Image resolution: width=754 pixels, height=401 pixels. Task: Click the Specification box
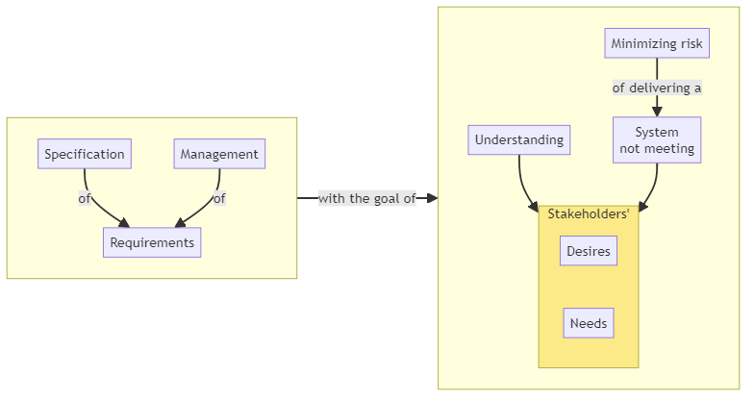click(85, 154)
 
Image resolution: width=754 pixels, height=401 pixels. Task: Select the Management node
click(219, 154)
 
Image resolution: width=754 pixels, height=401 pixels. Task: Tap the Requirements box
click(152, 242)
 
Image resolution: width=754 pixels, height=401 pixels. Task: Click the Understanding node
click(519, 139)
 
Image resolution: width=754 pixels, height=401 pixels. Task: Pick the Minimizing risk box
click(657, 43)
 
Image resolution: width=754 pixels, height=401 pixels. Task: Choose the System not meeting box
click(657, 140)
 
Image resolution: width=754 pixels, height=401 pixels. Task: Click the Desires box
click(589, 251)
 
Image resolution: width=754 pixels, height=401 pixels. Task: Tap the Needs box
click(589, 323)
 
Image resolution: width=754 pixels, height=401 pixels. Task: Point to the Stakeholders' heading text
click(589, 213)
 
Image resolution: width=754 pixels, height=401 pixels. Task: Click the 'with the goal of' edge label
click(366, 199)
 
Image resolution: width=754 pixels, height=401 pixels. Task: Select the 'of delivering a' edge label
click(657, 88)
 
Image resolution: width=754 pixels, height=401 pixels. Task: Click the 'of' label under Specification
click(85, 199)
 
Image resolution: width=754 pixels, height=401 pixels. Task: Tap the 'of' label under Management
click(219, 199)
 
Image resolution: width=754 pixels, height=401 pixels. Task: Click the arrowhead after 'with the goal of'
click(433, 198)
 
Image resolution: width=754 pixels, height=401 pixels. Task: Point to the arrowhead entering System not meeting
click(657, 112)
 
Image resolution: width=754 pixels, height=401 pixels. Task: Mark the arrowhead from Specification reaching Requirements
click(123, 222)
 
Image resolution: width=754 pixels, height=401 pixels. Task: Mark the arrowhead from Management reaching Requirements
click(180, 222)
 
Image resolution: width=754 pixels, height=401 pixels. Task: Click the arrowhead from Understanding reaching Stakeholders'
click(534, 206)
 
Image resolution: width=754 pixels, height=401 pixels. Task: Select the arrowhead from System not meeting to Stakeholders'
click(642, 206)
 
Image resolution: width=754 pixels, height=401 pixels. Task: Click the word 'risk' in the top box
click(690, 43)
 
